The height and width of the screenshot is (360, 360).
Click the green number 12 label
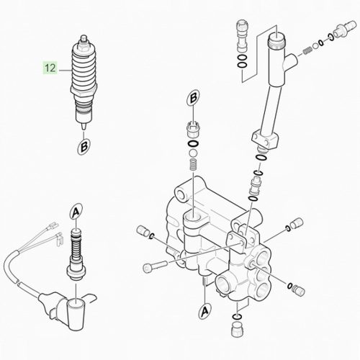50,69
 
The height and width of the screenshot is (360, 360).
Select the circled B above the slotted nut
193,99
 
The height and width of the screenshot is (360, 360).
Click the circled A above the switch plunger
76,212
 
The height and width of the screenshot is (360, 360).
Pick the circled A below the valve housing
204,311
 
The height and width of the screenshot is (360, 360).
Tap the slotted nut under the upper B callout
192,130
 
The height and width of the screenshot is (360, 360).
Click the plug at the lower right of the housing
295,290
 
